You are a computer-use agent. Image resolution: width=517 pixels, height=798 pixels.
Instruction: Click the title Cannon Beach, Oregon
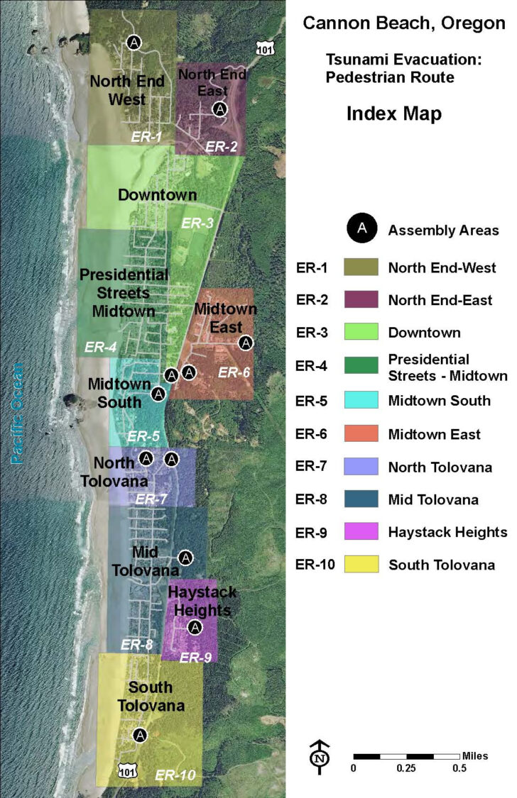click(x=403, y=23)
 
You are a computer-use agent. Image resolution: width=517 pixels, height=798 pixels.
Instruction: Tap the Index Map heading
click(x=393, y=113)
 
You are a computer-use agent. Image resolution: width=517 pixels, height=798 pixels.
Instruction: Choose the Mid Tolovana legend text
click(x=433, y=499)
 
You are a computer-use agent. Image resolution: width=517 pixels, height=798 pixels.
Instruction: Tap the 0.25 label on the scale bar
click(x=406, y=768)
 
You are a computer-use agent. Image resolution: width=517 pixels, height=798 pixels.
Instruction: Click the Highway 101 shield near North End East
click(x=263, y=47)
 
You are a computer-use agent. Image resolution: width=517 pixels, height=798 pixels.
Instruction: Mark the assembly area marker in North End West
click(x=134, y=43)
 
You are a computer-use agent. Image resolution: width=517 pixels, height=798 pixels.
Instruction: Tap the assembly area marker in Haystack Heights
click(x=195, y=627)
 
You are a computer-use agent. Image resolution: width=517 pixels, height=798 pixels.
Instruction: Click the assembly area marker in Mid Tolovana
click(x=185, y=558)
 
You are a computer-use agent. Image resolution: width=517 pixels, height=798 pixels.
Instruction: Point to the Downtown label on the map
click(x=157, y=195)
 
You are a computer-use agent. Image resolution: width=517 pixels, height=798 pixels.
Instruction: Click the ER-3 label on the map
click(x=197, y=223)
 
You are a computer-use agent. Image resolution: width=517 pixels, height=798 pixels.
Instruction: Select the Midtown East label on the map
click(x=225, y=318)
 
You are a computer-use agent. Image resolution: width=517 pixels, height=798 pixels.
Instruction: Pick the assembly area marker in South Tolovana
click(x=140, y=735)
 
